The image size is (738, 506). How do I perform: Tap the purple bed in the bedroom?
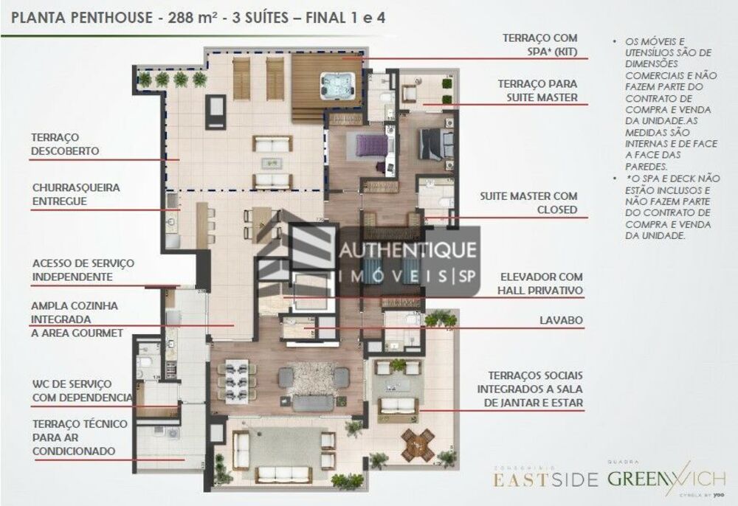371,145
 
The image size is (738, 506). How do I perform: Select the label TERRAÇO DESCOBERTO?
65,144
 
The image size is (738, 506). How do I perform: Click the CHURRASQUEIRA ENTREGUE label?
75,194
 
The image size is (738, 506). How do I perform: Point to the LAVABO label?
562,320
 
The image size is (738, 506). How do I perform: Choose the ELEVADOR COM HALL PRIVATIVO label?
540,284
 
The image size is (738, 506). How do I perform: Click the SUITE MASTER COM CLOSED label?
528,203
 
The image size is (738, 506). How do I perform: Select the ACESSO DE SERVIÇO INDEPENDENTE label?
83,269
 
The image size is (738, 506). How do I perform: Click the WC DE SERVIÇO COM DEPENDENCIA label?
81,391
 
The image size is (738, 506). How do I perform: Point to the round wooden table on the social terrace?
418,445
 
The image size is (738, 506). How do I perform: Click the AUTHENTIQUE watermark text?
407,251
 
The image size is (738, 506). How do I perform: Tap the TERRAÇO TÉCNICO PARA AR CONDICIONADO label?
80,437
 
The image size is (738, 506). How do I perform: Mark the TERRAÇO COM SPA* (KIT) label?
540,44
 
